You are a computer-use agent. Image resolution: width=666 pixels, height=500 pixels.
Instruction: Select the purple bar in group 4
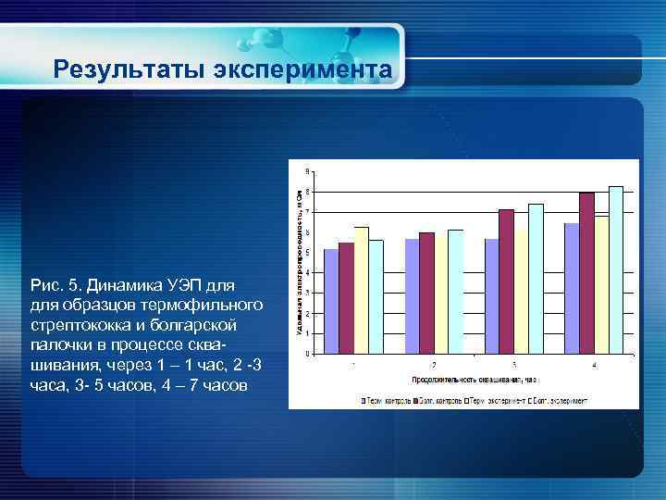[x=586, y=273]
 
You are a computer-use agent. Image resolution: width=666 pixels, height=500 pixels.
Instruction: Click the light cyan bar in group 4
[x=616, y=269]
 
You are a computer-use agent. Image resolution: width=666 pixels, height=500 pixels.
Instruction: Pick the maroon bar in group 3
[x=506, y=281]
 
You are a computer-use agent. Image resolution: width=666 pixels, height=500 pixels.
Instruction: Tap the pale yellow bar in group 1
[x=361, y=290]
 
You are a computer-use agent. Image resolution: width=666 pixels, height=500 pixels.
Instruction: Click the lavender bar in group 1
[x=331, y=301]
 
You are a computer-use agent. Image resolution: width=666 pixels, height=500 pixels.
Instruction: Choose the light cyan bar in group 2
[x=455, y=292]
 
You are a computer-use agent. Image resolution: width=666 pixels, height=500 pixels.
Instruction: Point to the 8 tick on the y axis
[x=308, y=192]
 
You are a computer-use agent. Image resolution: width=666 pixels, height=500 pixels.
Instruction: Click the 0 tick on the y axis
[x=308, y=354]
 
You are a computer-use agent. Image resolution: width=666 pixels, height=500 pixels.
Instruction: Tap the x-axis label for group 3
[x=513, y=365]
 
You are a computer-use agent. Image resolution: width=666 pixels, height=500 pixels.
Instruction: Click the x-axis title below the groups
[x=475, y=380]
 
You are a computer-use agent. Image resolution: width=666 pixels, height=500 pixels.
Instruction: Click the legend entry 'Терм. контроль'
[x=387, y=401]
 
